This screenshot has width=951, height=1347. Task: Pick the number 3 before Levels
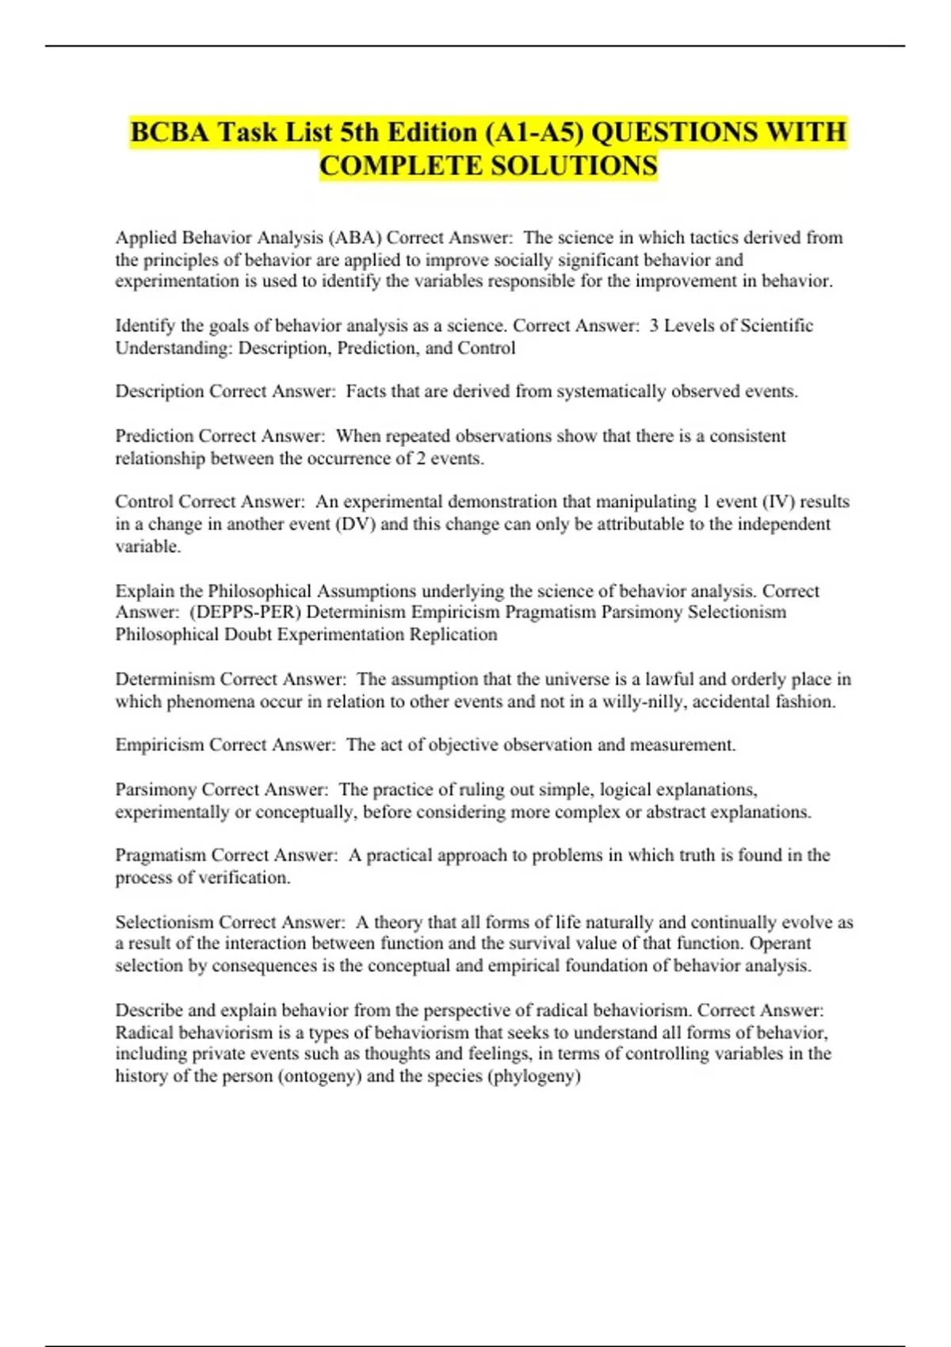click(654, 326)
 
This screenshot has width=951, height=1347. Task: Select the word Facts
click(367, 391)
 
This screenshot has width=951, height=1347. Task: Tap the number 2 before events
click(420, 458)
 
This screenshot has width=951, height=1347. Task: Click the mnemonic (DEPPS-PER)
click(246, 612)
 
